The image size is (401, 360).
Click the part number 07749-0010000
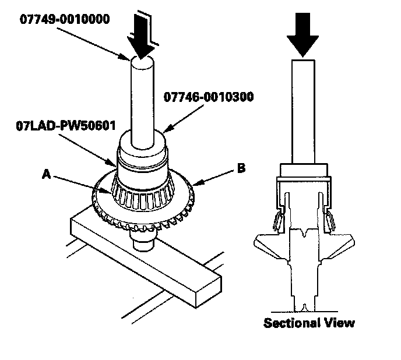click(65, 19)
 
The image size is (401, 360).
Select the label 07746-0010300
click(209, 97)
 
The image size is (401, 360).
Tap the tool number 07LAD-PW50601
click(66, 126)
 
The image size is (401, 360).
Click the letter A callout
click(46, 175)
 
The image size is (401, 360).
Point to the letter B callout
click(241, 168)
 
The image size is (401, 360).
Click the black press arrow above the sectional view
click(303, 35)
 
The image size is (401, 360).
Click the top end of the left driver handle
click(142, 61)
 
